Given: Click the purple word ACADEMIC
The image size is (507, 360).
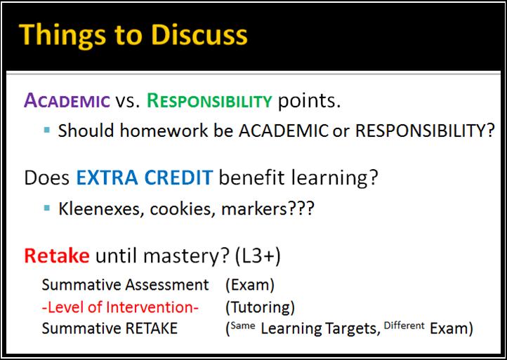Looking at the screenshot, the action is point(67,100).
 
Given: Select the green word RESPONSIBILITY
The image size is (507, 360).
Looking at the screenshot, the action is point(209,100).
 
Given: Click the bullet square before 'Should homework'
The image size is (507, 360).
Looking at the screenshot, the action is point(47,130).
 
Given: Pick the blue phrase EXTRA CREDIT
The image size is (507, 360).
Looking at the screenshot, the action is point(144,178).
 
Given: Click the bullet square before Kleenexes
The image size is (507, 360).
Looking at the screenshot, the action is point(47,208).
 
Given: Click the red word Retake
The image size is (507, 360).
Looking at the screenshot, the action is point(57,255).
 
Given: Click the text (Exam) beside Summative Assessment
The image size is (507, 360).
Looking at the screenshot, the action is point(250,286).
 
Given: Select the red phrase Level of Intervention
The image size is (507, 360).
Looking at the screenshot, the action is point(120,307).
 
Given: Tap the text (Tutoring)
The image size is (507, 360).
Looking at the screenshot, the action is point(261,307).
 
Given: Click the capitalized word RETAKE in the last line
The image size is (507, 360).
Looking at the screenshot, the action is point(151,328).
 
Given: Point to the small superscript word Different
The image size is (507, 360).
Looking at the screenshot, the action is point(404,326).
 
